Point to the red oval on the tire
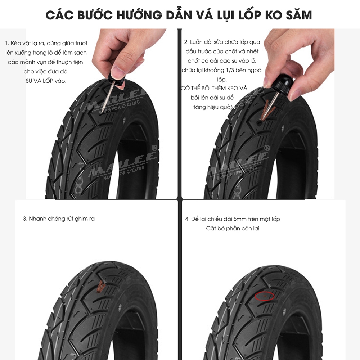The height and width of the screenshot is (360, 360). coord(265,296)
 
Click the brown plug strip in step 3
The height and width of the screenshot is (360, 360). coord(101,287)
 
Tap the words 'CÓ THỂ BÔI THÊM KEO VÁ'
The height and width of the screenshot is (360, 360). coord(214,88)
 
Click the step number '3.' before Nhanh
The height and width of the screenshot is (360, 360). coord(25,219)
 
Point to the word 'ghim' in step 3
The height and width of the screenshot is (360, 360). coord(81,219)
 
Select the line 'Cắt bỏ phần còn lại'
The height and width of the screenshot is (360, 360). coord(233,229)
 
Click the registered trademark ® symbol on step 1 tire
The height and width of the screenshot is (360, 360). coord(154,148)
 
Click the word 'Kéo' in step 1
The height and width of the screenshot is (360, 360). coord(15,44)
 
